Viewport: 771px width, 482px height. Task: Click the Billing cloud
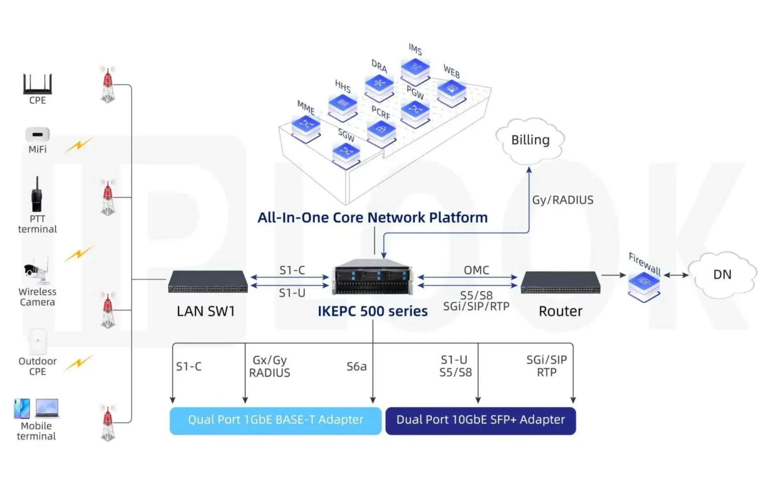[530, 140]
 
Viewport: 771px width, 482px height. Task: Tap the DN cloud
[722, 274]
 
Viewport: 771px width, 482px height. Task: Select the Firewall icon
[644, 285]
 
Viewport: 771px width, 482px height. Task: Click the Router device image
[560, 283]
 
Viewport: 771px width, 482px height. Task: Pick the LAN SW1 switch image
[207, 282]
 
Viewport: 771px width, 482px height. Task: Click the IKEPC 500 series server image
[372, 277]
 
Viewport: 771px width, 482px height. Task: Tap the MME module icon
[306, 126]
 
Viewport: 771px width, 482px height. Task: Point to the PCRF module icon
[381, 132]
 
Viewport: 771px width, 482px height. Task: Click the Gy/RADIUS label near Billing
[562, 200]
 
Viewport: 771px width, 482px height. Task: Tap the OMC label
[476, 270]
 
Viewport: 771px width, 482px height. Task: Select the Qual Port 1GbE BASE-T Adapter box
[275, 420]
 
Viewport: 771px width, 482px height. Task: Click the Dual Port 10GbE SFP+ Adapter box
[480, 420]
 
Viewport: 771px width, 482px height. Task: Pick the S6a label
[356, 367]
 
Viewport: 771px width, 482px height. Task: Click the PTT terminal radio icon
[37, 195]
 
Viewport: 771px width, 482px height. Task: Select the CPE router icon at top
[37, 84]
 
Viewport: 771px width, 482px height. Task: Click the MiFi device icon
[38, 135]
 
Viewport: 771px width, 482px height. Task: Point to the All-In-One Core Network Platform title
[372, 217]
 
